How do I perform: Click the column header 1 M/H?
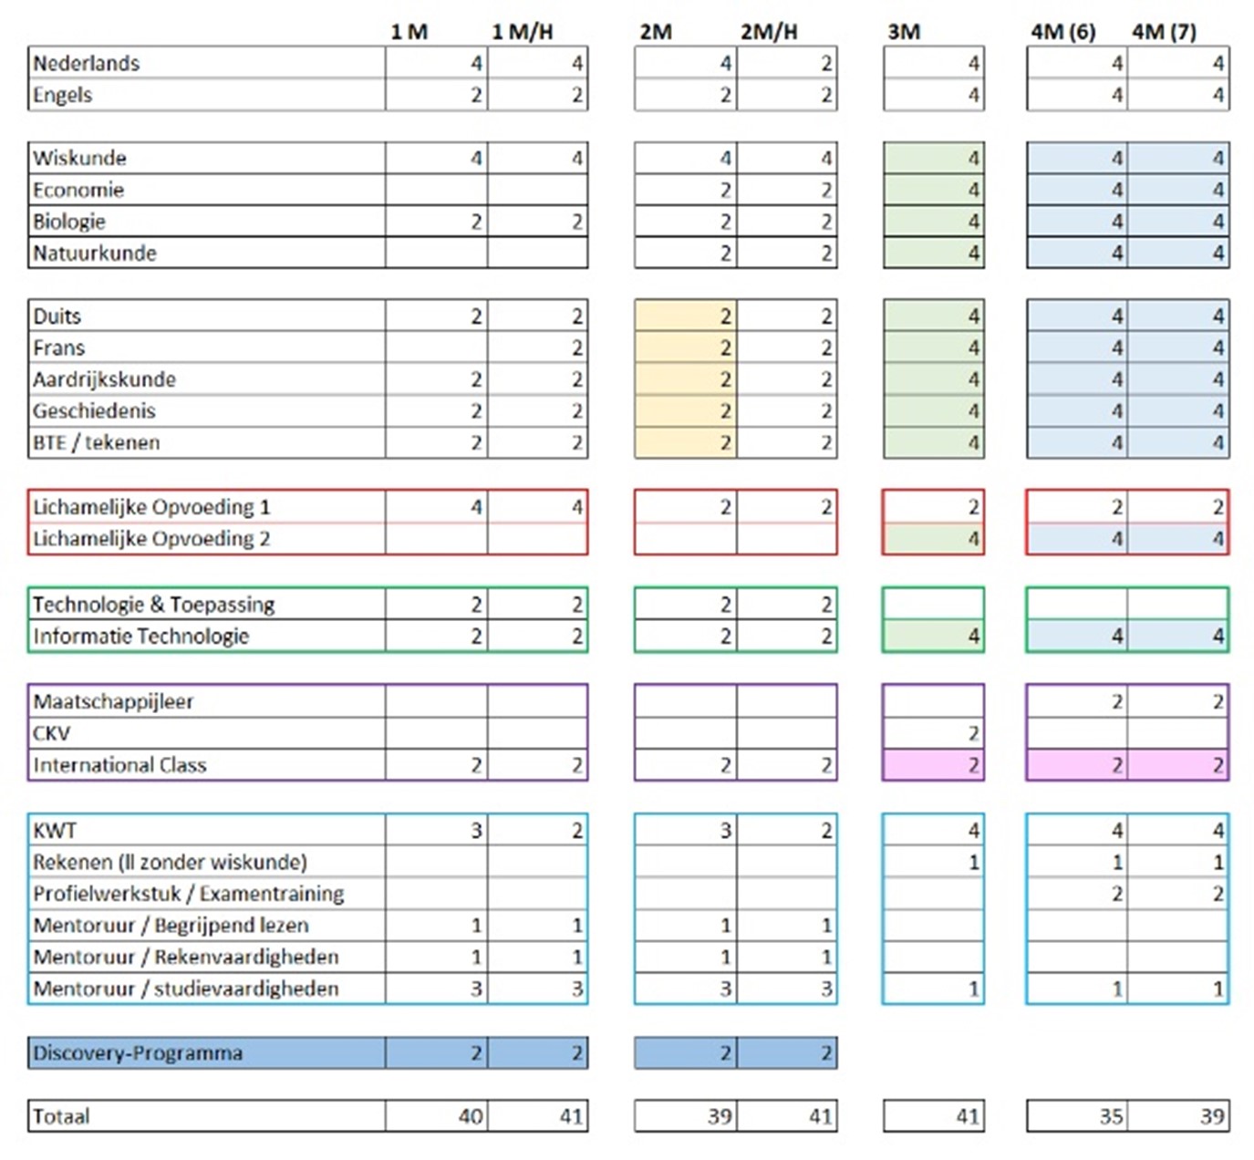(523, 32)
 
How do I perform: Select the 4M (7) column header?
(1164, 32)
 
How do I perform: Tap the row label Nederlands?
(86, 63)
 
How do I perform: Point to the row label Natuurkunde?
(95, 254)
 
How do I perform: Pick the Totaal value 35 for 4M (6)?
(1112, 1116)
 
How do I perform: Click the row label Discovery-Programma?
(138, 1052)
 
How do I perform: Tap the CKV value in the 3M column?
(974, 734)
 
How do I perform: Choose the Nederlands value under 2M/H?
(826, 63)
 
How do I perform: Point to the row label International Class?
(120, 765)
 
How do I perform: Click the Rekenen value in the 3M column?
(974, 862)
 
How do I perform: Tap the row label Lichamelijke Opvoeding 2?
(151, 539)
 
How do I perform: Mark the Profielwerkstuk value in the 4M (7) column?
(1218, 894)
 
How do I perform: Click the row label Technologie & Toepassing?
(154, 605)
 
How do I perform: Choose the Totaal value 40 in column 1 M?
(471, 1116)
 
